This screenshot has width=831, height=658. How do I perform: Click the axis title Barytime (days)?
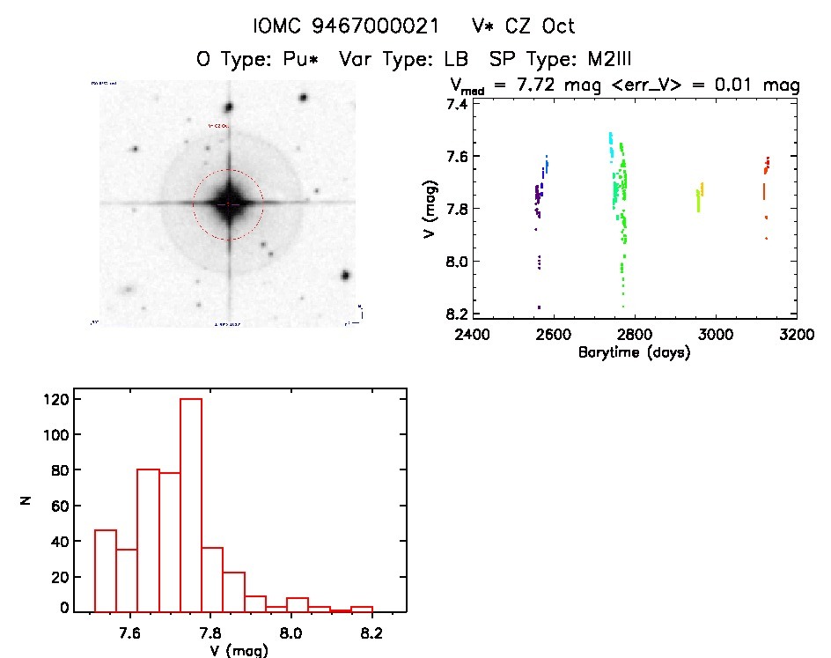pos(634,352)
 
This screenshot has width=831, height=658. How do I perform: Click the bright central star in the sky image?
pos(228,203)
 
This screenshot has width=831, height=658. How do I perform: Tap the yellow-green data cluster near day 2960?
pos(700,197)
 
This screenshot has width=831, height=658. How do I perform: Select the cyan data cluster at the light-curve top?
pos(611,144)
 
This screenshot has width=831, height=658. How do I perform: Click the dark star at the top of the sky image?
pos(228,107)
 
